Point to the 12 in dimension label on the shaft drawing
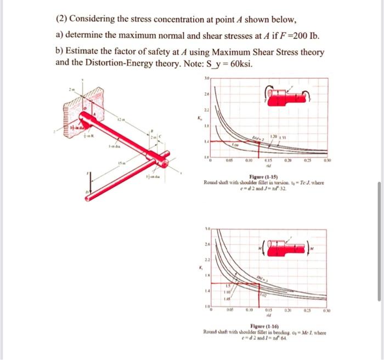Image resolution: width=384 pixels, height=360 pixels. coord(120,118)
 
